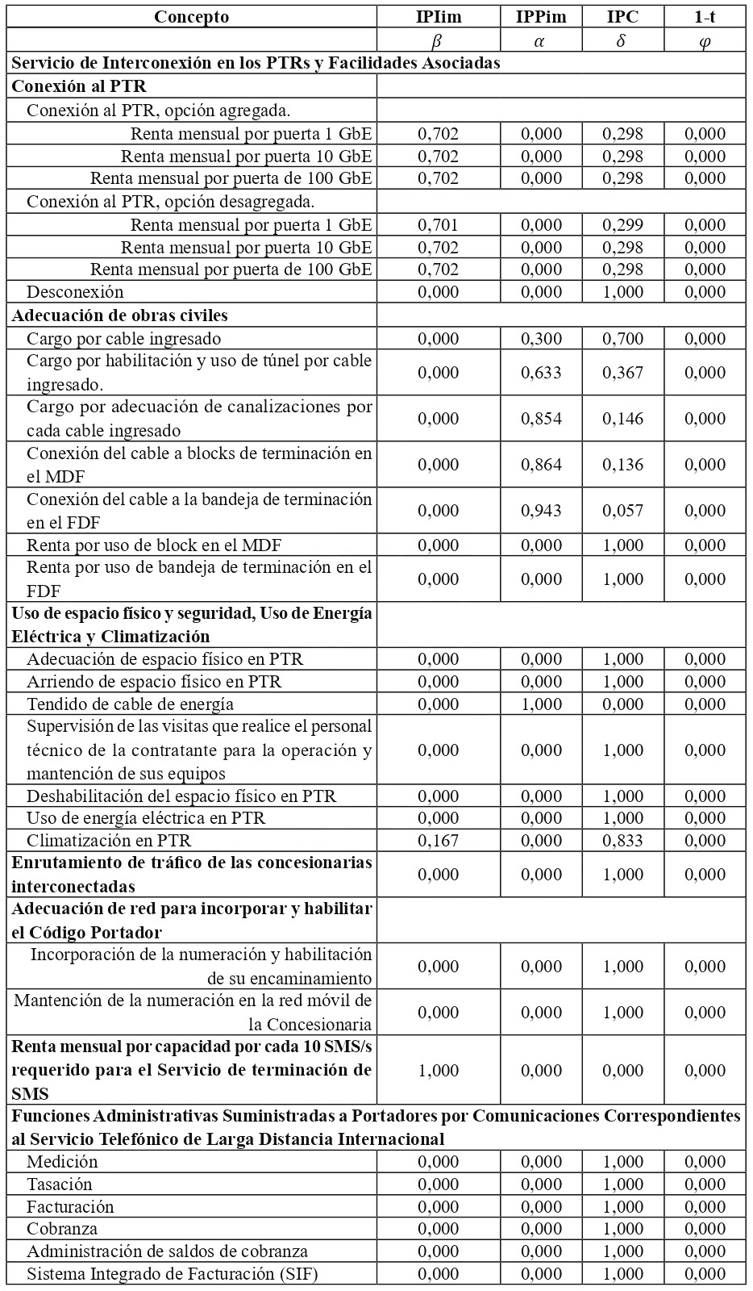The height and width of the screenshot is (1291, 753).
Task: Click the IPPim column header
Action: point(541,17)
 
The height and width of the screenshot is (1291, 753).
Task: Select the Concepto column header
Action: point(191,17)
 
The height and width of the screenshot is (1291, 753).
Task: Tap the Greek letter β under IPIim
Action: point(438,40)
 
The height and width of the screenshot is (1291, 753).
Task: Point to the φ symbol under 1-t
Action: point(705,40)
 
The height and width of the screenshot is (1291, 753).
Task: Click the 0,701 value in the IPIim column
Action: point(438,225)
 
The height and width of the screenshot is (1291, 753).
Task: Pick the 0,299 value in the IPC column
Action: point(622,225)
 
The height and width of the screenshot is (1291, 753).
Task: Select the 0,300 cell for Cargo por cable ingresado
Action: point(541,339)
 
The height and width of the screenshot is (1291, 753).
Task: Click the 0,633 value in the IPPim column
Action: point(541,373)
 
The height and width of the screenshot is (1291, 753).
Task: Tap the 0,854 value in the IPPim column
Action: point(541,419)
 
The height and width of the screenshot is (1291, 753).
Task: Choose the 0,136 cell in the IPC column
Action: point(622,465)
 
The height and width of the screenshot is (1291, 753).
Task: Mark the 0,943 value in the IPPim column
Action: point(541,511)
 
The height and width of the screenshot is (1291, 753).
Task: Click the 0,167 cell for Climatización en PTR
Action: point(438,841)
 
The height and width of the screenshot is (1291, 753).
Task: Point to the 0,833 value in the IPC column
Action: point(622,841)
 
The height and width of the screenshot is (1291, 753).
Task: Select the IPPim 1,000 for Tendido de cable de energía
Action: point(541,704)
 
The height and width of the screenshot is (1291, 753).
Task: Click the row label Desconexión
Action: point(75,292)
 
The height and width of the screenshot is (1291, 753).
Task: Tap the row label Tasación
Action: point(60,1184)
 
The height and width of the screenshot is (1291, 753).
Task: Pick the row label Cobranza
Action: point(62,1229)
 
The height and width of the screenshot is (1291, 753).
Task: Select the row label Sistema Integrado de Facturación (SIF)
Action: point(172,1274)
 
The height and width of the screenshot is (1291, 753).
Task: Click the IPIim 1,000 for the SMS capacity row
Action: point(438,1071)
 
